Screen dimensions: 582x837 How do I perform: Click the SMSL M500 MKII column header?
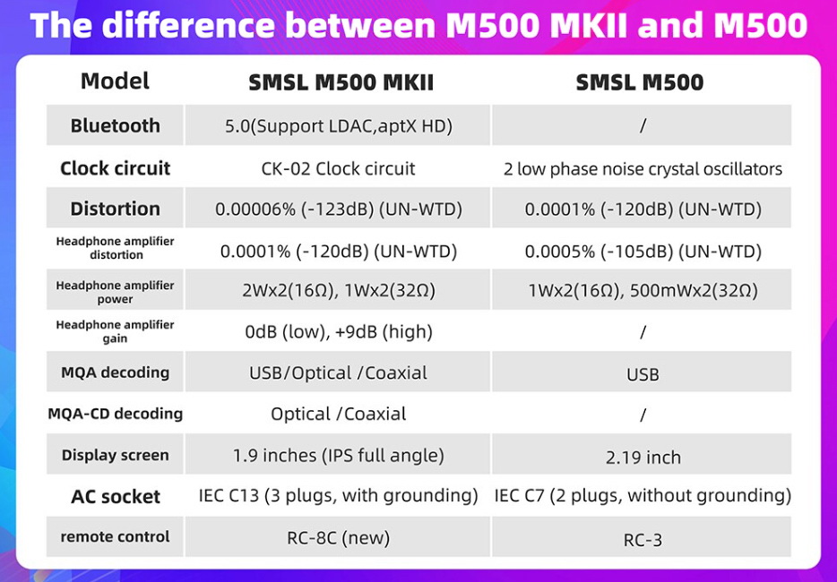pos(341,83)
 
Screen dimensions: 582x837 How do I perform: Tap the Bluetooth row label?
pos(115,126)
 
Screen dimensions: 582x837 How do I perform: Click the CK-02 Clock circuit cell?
pos(338,168)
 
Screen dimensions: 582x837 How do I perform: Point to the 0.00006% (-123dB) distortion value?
pos(338,210)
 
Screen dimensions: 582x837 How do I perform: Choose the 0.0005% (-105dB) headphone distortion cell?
pos(643,252)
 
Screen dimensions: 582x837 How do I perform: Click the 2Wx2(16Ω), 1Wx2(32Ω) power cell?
pos(338,291)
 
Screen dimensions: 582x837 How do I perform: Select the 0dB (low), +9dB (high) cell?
pos(338,332)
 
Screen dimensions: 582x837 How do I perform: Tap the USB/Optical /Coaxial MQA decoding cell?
pos(338,372)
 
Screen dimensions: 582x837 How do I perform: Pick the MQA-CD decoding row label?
pos(115,414)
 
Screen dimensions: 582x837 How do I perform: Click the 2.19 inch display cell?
pos(643,458)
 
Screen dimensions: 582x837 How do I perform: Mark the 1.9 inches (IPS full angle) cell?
pos(338,455)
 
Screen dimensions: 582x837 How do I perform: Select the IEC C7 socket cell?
pos(643,495)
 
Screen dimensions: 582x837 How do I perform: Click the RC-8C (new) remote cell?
pos(338,537)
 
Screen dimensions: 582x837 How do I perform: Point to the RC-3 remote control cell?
pos(643,540)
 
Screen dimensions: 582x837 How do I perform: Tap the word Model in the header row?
pos(115,81)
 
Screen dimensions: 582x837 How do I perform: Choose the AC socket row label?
pos(115,497)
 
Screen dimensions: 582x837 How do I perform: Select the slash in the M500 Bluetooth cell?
pos(643,126)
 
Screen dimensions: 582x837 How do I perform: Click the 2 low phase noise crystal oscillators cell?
pos(643,169)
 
